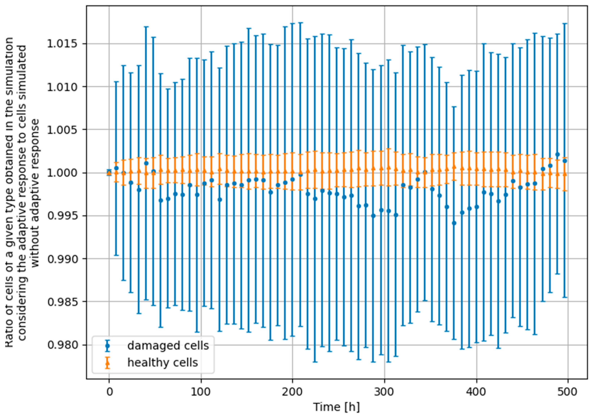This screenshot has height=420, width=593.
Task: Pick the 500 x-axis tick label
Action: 568,392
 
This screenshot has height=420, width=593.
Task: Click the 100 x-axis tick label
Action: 201,392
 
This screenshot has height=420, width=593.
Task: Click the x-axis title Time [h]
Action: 336,407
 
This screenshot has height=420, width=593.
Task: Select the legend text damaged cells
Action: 168,346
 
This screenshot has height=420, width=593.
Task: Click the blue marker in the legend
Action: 108,346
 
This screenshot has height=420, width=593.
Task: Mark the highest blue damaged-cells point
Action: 557,154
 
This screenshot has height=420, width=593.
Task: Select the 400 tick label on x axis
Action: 476,392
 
